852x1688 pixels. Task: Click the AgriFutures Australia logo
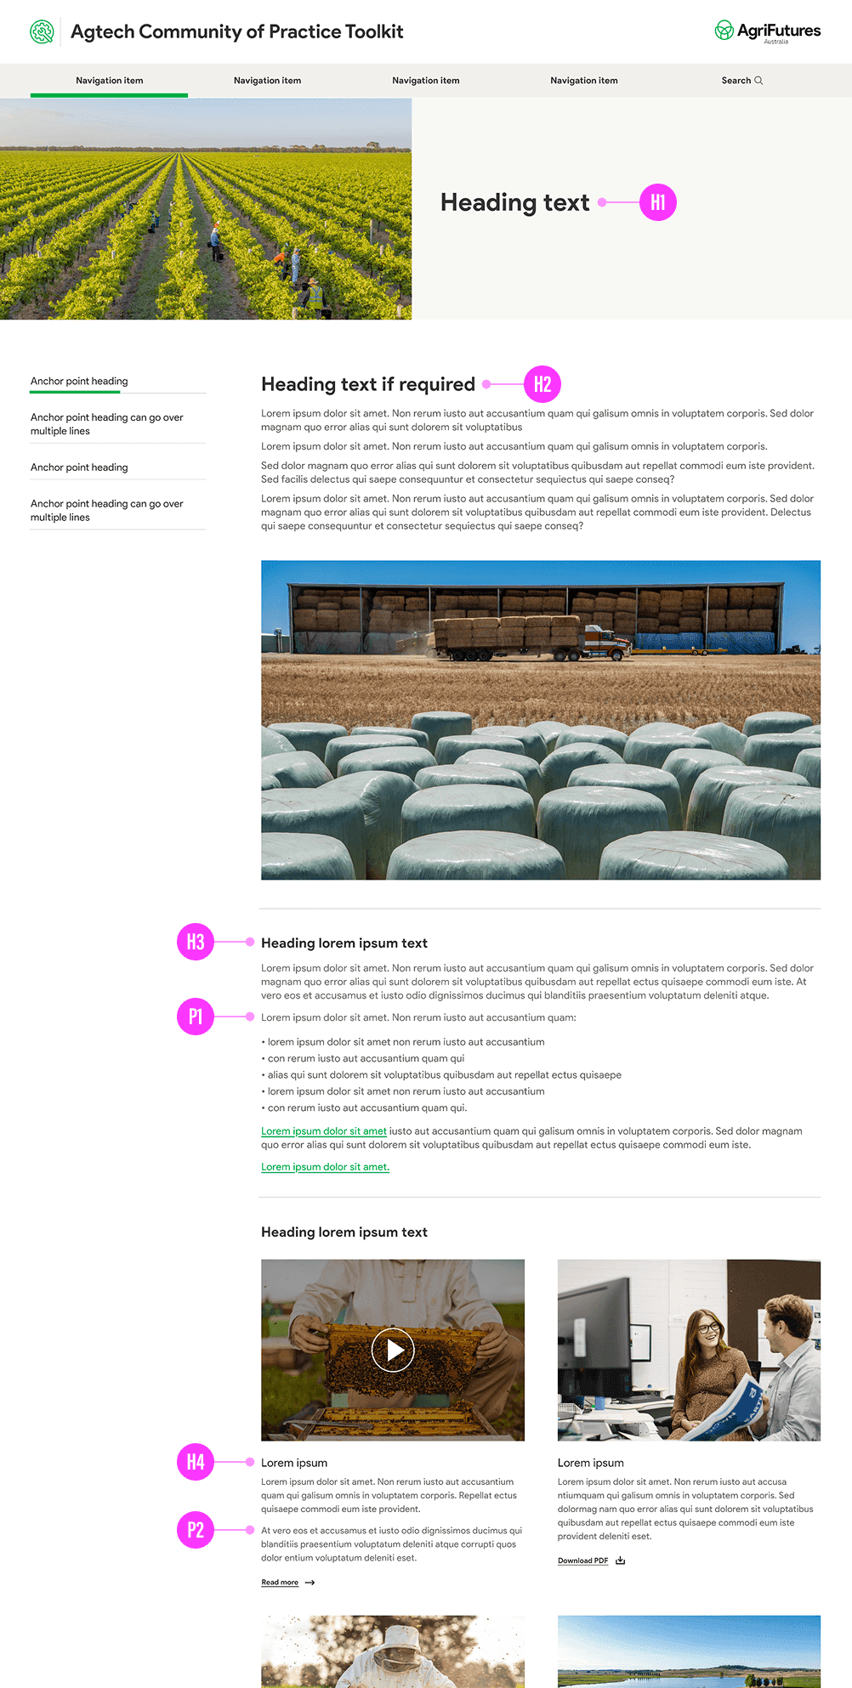pos(768,31)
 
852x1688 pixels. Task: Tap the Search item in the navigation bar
pos(741,81)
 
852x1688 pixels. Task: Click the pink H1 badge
pos(657,202)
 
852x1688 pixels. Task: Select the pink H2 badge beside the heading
pos(542,384)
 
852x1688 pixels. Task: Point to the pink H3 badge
pos(196,942)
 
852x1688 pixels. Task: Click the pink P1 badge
pos(196,1017)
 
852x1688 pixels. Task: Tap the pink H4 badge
pos(196,1462)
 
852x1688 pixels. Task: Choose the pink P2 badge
pos(196,1530)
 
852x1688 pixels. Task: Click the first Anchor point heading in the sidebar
pos(79,382)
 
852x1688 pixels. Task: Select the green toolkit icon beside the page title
pos(42,31)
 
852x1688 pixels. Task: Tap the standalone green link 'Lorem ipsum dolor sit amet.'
pos(325,1167)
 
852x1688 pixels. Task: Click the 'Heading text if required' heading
pos(367,384)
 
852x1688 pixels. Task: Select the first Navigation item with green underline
pos(109,81)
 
